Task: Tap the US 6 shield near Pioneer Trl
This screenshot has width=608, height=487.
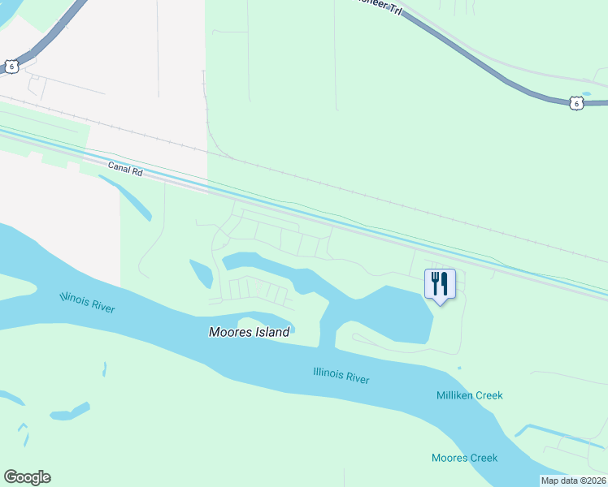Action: (575, 103)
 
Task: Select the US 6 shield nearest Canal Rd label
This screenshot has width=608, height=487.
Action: (10, 67)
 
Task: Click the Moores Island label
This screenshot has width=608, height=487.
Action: (249, 332)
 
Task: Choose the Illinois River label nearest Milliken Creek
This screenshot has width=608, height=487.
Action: (341, 376)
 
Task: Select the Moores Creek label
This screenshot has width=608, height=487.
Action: (464, 458)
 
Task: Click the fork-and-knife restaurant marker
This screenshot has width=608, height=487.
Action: (440, 283)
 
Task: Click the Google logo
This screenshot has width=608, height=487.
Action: (27, 477)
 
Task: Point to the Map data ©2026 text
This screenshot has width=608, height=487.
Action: (573, 481)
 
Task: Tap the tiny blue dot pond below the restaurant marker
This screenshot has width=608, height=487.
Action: (458, 368)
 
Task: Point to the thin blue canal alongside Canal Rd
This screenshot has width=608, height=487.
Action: (325, 215)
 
